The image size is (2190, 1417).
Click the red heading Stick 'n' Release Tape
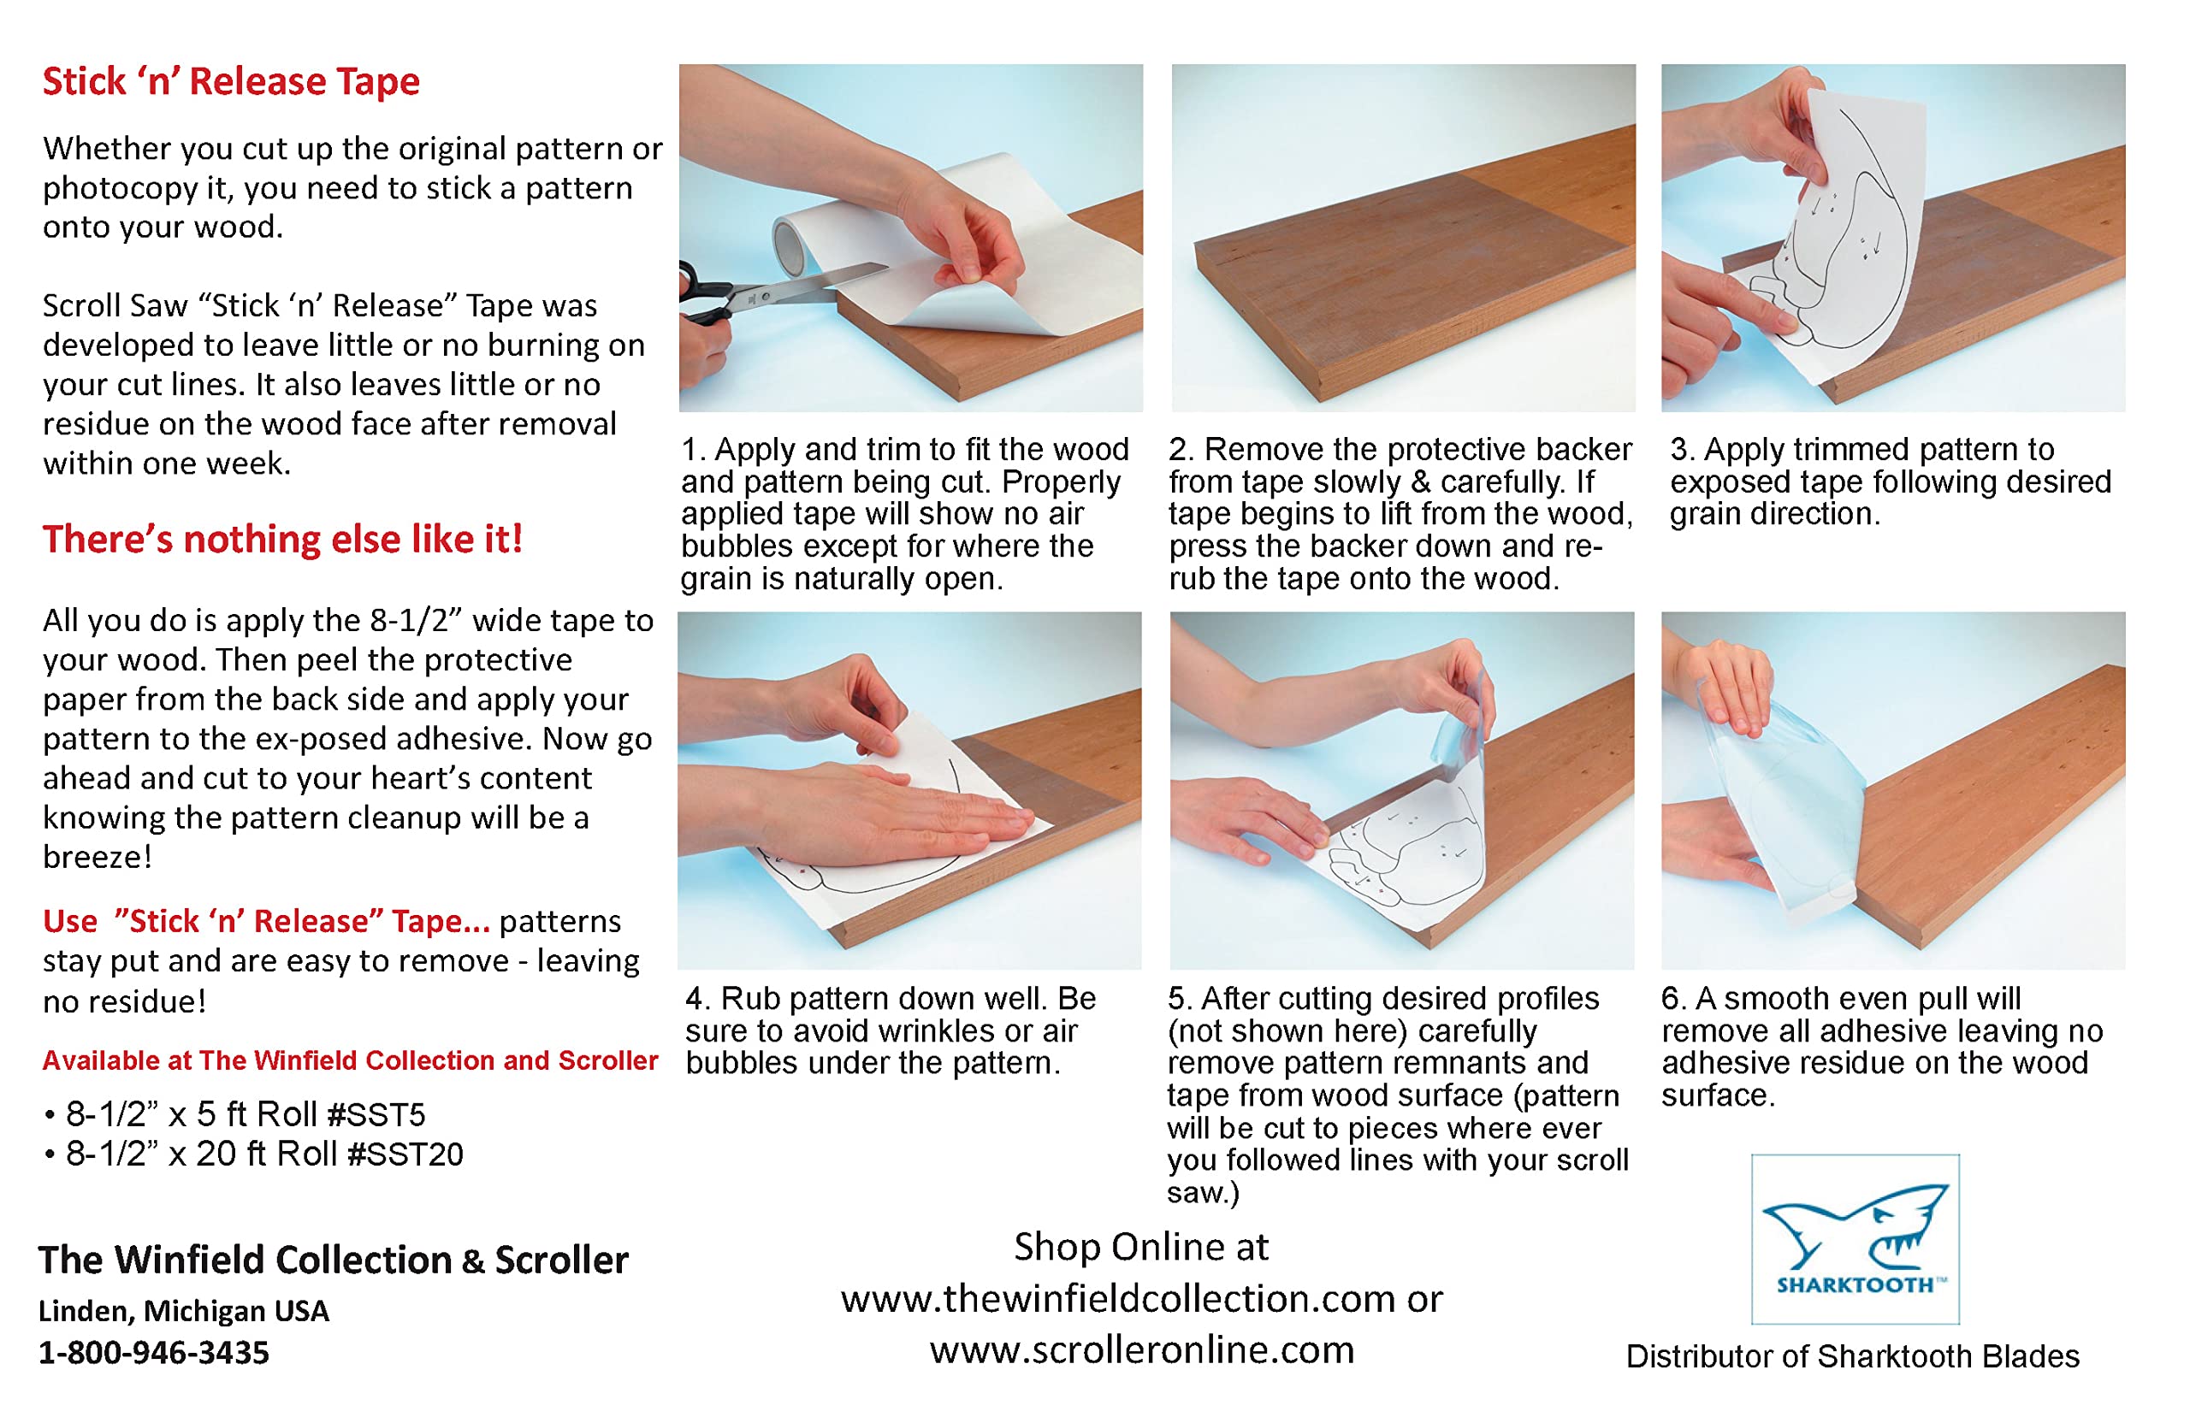[231, 82]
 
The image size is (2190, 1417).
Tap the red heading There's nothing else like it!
[282, 540]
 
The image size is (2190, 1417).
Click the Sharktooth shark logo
[1855, 1238]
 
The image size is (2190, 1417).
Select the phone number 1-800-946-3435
[154, 1353]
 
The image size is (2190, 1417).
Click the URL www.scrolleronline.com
[1142, 1349]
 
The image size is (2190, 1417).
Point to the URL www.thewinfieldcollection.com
[1119, 1298]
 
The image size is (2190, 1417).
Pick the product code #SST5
[376, 1114]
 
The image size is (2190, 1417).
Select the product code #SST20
[405, 1154]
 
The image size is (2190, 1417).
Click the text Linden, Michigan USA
[184, 1310]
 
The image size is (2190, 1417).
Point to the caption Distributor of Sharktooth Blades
[1852, 1356]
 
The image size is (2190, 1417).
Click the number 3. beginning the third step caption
[1683, 449]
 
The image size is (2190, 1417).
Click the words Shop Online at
[1141, 1247]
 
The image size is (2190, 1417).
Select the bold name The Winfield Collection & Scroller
[333, 1260]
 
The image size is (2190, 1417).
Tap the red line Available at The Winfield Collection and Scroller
[350, 1060]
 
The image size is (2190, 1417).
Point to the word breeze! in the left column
[98, 857]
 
